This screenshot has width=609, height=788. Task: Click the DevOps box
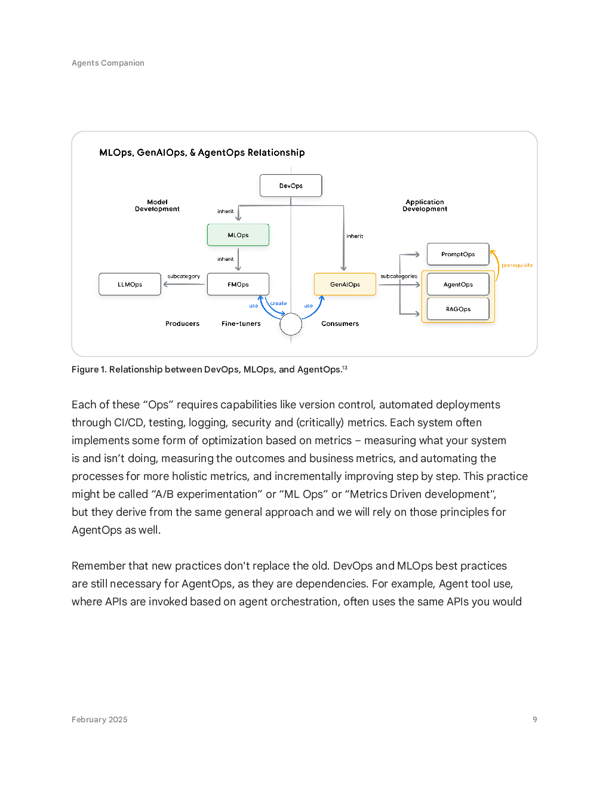click(291, 186)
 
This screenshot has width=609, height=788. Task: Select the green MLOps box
click(238, 235)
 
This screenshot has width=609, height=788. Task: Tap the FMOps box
click(238, 284)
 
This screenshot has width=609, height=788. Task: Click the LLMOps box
click(130, 284)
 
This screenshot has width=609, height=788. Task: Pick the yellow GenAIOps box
click(345, 284)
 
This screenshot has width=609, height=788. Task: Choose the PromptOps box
click(458, 254)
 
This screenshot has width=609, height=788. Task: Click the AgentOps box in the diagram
click(458, 284)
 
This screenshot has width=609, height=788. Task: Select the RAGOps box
click(458, 309)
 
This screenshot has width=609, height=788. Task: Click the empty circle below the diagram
click(291, 324)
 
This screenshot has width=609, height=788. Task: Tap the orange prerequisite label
click(517, 265)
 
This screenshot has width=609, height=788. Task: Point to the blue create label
click(278, 303)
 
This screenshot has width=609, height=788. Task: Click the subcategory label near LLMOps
click(183, 276)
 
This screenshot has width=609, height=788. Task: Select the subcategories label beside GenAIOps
click(399, 276)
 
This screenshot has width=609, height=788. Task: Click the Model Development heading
click(157, 205)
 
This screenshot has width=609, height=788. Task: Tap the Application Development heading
click(425, 205)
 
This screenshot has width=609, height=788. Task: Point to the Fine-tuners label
click(241, 324)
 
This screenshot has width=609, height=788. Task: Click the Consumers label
click(340, 324)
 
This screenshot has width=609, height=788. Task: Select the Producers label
click(182, 324)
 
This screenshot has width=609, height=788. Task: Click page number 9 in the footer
click(534, 719)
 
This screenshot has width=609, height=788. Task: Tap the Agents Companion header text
click(107, 63)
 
